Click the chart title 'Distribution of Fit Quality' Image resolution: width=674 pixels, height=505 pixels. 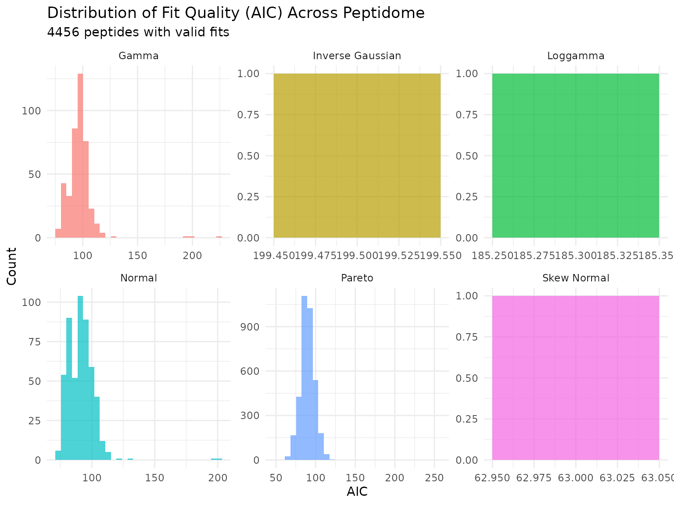click(236, 13)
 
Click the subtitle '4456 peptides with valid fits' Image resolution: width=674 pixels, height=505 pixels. click(138, 32)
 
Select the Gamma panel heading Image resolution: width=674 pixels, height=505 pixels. click(139, 56)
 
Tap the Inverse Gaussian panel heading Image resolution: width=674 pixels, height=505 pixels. click(357, 56)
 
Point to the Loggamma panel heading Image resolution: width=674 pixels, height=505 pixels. click(576, 56)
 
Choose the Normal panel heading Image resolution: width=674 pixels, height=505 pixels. click(139, 278)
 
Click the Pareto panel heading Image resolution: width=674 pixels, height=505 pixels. click(357, 278)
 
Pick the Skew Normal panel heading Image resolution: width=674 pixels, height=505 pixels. click(576, 278)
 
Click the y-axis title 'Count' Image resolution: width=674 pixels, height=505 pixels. click(12, 266)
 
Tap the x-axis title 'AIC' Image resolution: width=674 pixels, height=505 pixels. click(357, 492)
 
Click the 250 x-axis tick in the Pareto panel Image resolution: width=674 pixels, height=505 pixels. click(434, 477)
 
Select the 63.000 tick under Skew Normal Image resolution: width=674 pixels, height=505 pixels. click(575, 477)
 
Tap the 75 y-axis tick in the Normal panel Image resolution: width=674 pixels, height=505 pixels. click(35, 341)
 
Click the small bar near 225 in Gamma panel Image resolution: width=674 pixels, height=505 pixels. click(219, 237)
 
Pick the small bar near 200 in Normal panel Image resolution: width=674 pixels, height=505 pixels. click(216, 459)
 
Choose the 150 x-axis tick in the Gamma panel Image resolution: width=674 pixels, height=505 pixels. click(137, 255)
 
